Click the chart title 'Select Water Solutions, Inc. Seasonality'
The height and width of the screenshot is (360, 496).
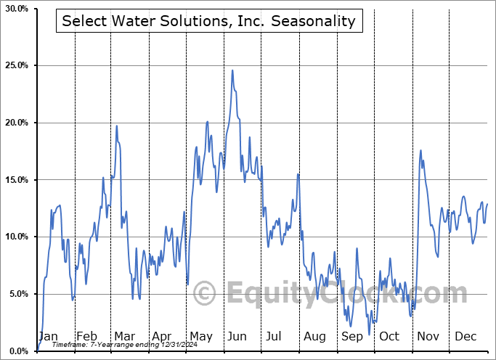pyautogui.click(x=209, y=21)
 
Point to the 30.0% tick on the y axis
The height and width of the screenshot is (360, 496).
pyautogui.click(x=16, y=9)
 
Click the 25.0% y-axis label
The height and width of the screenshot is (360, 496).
pyautogui.click(x=16, y=66)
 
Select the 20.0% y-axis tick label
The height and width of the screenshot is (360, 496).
pyautogui.click(x=16, y=123)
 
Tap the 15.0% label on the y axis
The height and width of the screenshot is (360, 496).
pyautogui.click(x=16, y=180)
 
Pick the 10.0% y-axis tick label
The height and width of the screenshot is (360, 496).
pyautogui.click(x=16, y=237)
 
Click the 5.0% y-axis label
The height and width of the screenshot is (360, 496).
pyautogui.click(x=18, y=294)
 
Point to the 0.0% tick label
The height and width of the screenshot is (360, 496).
pyautogui.click(x=18, y=351)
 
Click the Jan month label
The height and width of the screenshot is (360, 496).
pyautogui.click(x=48, y=337)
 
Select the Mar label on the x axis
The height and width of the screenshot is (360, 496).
pyautogui.click(x=124, y=337)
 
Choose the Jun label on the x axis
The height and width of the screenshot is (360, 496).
pyautogui.click(x=237, y=337)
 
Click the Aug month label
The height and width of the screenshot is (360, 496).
pyautogui.click(x=314, y=337)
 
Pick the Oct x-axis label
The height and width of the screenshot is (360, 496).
pyautogui.click(x=389, y=337)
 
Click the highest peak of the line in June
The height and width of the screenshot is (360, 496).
pyautogui.click(x=232, y=70)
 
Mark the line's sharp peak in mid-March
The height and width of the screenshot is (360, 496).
pyautogui.click(x=117, y=126)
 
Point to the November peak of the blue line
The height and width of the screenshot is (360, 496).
pyautogui.click(x=420, y=150)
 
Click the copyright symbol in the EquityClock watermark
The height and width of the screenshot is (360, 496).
pyautogui.click(x=206, y=293)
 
